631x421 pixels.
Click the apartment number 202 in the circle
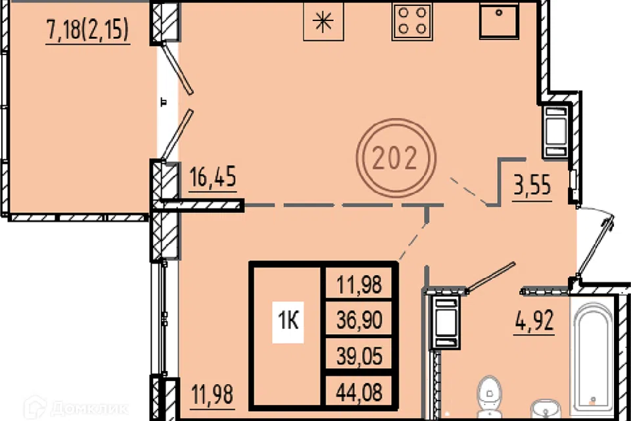395,157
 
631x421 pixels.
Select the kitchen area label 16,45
212,177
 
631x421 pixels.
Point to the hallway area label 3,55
532,186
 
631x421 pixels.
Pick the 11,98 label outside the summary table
212,394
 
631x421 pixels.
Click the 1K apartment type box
288,321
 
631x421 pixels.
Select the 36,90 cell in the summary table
360,320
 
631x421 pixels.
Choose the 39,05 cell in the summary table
360,356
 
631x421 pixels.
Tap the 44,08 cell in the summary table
360,391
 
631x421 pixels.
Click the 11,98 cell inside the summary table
360,284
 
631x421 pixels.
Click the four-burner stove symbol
412,21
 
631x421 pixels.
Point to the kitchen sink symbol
499,21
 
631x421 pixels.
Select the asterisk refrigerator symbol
323,21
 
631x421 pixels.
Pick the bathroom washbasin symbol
546,409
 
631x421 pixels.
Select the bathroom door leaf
490,276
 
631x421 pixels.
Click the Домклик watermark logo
76,408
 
